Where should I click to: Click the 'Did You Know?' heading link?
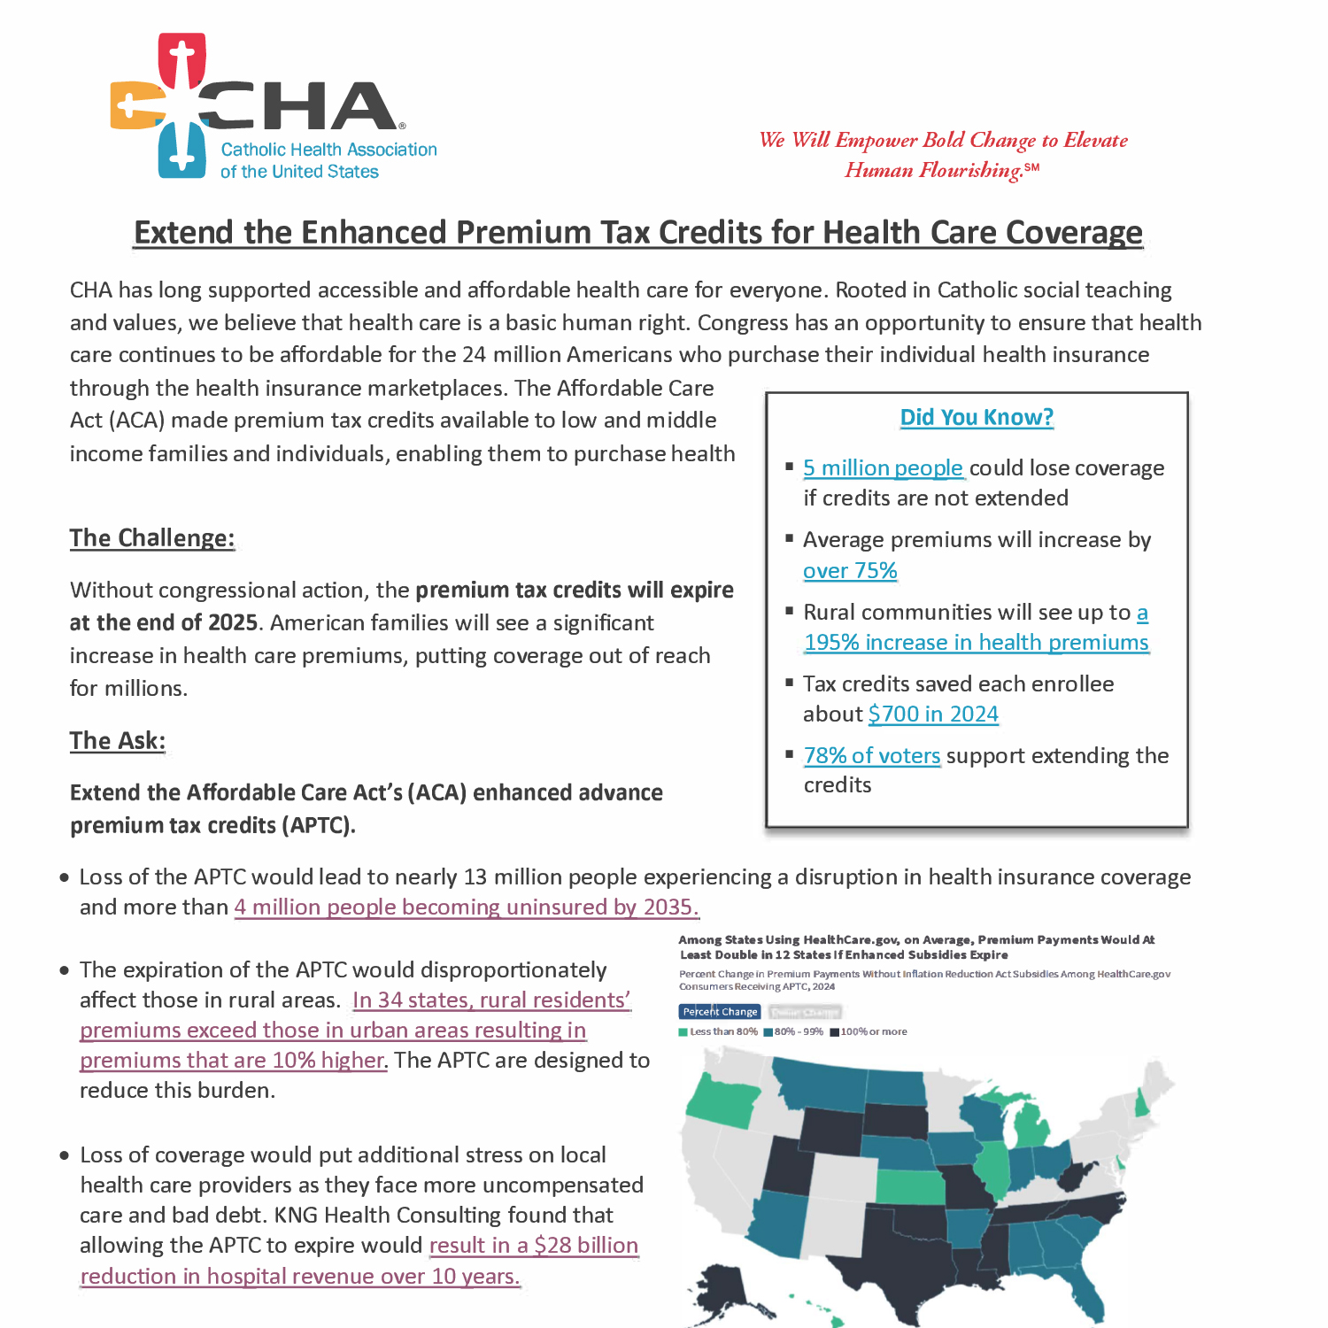click(977, 417)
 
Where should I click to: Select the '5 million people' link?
click(883, 467)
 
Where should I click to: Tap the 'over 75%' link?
click(850, 571)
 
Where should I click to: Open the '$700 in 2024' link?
click(933, 714)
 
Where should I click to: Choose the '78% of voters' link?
click(872, 755)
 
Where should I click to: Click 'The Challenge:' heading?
click(152, 538)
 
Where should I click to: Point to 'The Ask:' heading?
click(118, 741)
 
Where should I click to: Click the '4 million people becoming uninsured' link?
click(467, 907)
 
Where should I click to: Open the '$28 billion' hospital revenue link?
click(533, 1246)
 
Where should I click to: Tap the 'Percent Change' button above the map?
click(720, 1011)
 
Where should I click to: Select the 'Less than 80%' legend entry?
click(718, 1031)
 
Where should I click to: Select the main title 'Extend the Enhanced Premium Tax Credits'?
click(638, 232)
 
